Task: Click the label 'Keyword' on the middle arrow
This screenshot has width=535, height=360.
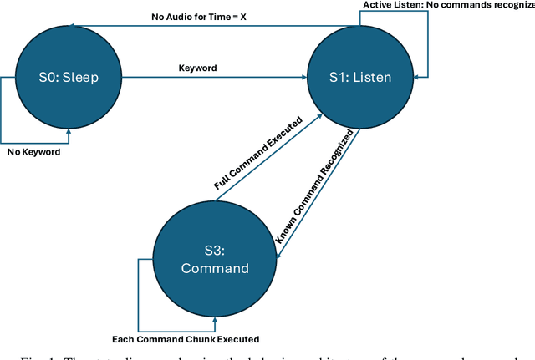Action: click(198, 68)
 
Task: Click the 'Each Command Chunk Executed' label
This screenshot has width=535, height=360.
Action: click(186, 339)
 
